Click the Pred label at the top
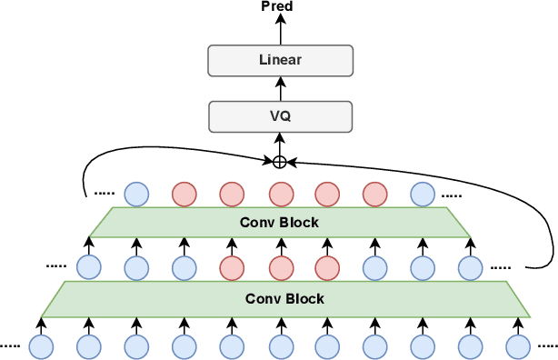279,7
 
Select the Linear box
279,61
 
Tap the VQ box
279,116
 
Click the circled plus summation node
279,162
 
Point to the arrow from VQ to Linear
279,88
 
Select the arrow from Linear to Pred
279,31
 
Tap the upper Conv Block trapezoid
279,223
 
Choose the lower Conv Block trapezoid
279,298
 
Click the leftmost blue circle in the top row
135,194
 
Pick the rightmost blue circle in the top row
422,194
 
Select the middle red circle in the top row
279,194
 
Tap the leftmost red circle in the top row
184,194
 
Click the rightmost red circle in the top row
374,194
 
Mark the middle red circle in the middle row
279,267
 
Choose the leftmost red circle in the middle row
231,267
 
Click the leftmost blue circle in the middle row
88,267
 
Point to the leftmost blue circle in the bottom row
40,345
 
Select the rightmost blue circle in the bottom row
517,345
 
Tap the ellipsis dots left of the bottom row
10,345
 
